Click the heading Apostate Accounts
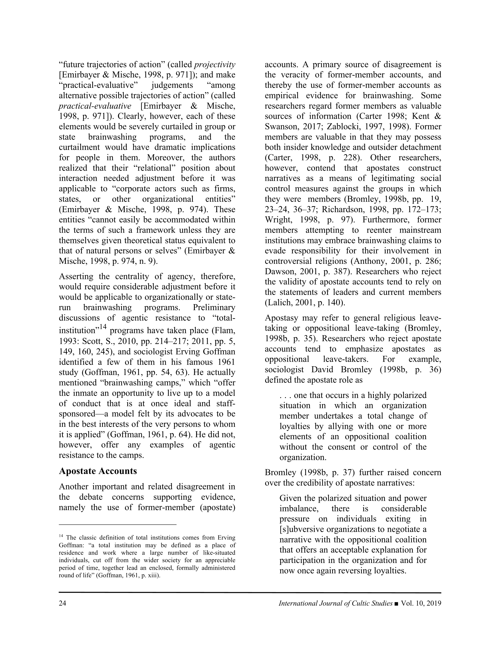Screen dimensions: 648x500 click(x=98, y=471)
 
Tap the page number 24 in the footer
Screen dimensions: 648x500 click(x=62, y=603)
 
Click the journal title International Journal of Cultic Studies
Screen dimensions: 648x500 click(x=335, y=603)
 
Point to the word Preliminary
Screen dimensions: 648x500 click(x=214, y=307)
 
